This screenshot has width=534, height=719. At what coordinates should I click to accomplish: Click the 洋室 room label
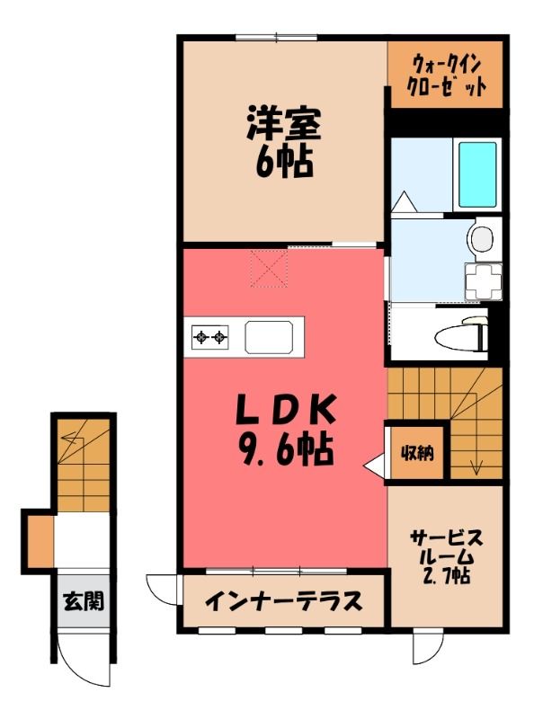[x=283, y=124]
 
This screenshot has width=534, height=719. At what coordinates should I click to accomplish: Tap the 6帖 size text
[x=283, y=162]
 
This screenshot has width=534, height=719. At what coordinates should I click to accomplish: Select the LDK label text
[x=285, y=409]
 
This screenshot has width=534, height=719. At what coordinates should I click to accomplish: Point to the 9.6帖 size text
[x=285, y=448]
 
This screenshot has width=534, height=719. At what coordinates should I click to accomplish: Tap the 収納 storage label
[x=417, y=454]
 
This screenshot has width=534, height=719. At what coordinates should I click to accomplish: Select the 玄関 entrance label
[x=84, y=600]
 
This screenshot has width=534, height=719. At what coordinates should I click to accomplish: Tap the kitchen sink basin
[x=269, y=338]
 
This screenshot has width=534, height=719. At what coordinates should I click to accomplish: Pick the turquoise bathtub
[x=477, y=174]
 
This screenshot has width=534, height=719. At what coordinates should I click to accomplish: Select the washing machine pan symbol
[x=483, y=281]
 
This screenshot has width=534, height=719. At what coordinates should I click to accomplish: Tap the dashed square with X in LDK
[x=270, y=269]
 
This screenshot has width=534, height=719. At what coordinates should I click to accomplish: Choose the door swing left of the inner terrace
[x=161, y=594]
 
